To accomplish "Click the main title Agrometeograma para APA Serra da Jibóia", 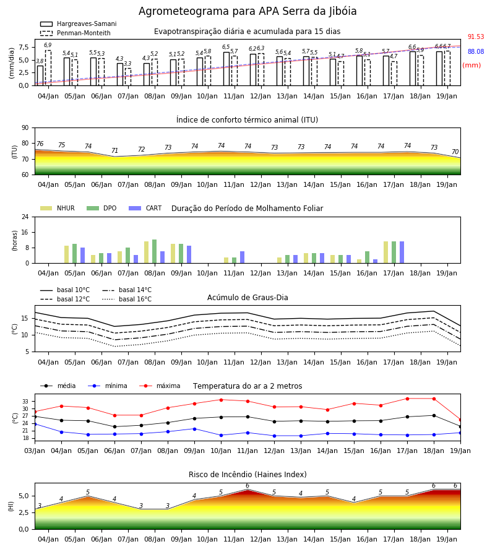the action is tap(247, 11).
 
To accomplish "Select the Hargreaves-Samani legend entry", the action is tap(79, 24).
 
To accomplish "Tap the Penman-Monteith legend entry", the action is tap(75, 33).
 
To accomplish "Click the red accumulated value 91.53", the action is tap(476, 37).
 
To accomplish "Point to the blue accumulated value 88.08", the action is tap(476, 51).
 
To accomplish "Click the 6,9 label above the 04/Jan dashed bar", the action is tap(48, 45).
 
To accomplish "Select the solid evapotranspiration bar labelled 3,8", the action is tap(40, 76).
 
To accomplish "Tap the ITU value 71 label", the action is tap(114, 150).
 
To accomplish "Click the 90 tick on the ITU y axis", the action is tap(25, 128).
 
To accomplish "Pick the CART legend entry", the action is tap(145, 208).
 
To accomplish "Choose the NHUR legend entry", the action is tap(58, 208).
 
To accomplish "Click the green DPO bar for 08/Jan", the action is tap(155, 251).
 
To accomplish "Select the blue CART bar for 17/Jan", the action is tap(402, 253).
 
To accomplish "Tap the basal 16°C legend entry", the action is tap(127, 299).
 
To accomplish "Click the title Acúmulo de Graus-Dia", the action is tap(247, 298).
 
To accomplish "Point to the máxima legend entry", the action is tap(160, 386).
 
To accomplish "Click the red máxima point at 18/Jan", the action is tap(434, 399).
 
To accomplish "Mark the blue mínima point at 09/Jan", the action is tap(194, 429).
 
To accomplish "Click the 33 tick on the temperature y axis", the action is tap(25, 402).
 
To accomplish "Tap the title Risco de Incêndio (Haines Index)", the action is tap(247, 475).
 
